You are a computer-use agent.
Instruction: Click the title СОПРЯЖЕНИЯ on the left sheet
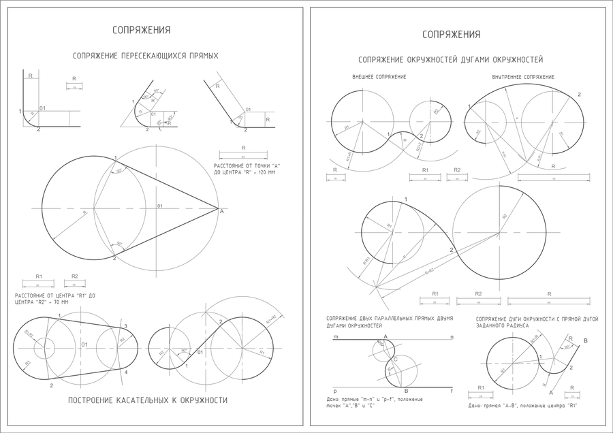pos(142,30)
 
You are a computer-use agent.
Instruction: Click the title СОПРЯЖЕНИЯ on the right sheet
pos(451,35)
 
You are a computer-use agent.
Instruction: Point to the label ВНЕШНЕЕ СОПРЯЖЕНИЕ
pos(379,77)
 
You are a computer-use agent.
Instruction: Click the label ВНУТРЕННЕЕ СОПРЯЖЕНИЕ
pos(522,77)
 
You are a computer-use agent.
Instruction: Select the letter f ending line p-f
pos(450,391)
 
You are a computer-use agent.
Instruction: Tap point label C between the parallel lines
pos(396,358)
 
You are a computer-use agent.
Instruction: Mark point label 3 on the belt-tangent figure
pos(125,326)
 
